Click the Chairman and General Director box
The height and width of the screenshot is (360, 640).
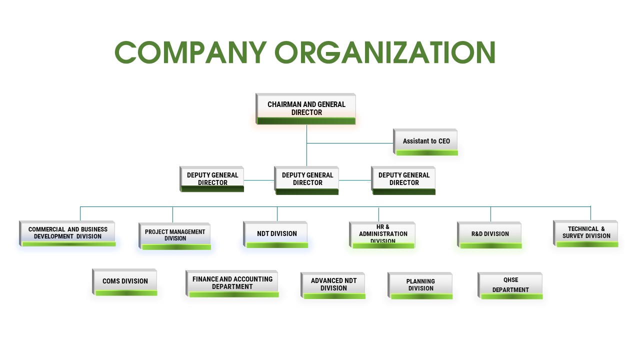(305, 109)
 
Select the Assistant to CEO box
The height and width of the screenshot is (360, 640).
(425, 142)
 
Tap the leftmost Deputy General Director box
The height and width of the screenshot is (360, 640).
(211, 179)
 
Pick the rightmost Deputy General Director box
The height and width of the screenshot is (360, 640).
(403, 180)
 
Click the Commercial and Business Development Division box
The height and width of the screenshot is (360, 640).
(67, 233)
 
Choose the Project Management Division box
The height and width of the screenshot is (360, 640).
(175, 236)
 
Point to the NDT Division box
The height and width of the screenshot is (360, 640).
(275, 234)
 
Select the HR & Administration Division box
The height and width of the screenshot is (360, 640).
(382, 235)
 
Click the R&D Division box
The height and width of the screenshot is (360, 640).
(489, 235)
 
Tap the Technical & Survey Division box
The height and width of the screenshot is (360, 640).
(585, 233)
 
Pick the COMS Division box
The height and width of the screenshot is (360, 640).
(124, 282)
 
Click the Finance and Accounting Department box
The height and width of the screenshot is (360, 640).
(232, 283)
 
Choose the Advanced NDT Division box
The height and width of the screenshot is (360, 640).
(333, 285)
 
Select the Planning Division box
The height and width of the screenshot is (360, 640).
(420, 285)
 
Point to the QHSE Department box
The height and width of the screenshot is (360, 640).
(510, 285)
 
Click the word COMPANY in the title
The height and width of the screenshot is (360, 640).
(190, 52)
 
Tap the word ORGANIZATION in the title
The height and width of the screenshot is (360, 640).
(385, 52)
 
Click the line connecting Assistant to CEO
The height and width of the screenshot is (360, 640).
(350, 143)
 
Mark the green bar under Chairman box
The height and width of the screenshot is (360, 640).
(306, 121)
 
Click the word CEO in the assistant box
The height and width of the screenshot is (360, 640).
(444, 141)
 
